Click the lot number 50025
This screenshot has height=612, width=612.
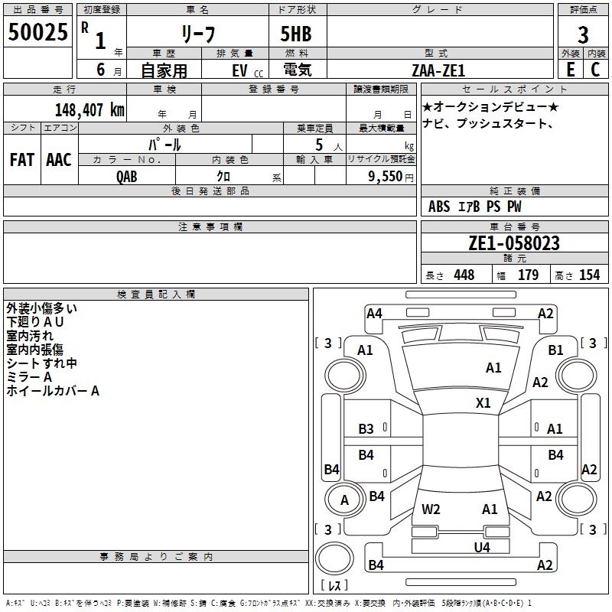[37, 34]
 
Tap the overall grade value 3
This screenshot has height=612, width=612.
[583, 34]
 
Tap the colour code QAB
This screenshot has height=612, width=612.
[128, 176]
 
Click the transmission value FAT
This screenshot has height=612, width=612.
[21, 160]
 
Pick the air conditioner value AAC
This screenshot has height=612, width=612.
[59, 160]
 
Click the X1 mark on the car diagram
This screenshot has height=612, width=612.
[483, 403]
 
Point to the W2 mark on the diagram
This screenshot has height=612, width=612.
[431, 509]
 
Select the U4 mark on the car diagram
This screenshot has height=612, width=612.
[481, 547]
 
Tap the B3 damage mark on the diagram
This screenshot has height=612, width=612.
[366, 429]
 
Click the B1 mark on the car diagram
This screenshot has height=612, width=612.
[555, 350]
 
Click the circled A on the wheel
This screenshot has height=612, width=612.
[344, 500]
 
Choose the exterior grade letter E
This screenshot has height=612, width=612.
[569, 70]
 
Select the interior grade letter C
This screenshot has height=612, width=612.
[595, 70]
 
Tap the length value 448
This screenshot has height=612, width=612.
[464, 275]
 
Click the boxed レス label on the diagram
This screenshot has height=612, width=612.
[334, 586]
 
